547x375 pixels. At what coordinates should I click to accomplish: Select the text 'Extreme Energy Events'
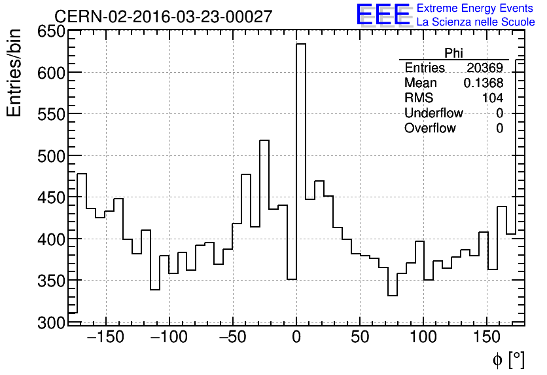coord(476,9)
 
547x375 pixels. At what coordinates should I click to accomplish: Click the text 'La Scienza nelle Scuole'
coord(476,22)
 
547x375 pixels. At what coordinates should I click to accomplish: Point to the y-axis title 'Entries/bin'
coord(14,73)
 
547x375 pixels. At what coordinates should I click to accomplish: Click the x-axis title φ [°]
coord(508,359)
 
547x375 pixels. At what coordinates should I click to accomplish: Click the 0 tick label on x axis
coord(296,338)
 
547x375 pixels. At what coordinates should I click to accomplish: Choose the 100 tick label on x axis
coord(423,338)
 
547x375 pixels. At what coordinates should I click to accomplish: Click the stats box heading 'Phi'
coord(453,53)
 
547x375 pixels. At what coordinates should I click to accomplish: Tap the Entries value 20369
coord(485,68)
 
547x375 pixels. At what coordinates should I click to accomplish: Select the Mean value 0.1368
coord(484,83)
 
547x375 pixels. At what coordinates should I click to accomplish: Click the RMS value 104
coord(493,98)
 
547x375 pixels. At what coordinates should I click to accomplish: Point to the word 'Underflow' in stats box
coord(434,113)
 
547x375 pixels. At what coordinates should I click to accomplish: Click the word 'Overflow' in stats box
coord(430,128)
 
